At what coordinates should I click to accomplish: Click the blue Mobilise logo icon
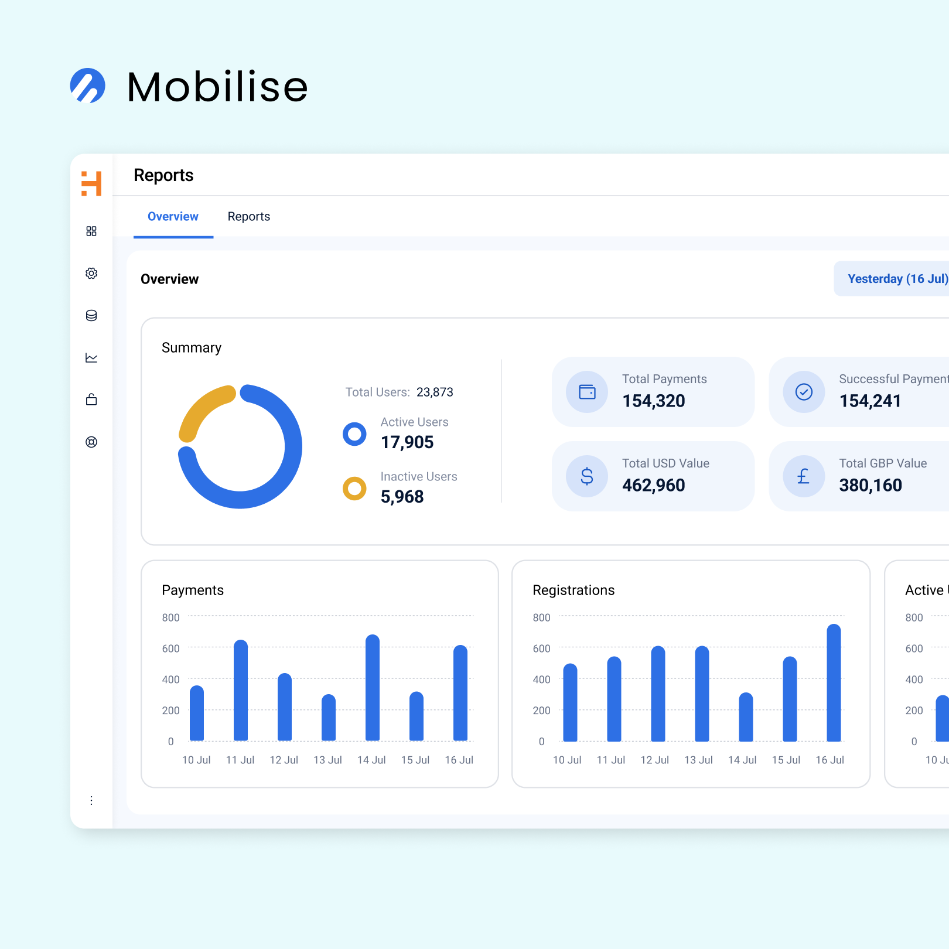pyautogui.click(x=88, y=86)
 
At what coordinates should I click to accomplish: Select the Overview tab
pyautogui.click(x=173, y=217)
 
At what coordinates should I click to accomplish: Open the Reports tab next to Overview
pyautogui.click(x=249, y=217)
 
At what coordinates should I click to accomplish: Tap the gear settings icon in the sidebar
pyautogui.click(x=91, y=274)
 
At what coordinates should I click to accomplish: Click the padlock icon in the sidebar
pyautogui.click(x=91, y=400)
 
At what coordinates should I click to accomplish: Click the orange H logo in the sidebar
pyautogui.click(x=91, y=183)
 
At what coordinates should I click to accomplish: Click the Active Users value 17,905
pyautogui.click(x=407, y=442)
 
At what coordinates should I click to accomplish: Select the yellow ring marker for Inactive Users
pyautogui.click(x=354, y=489)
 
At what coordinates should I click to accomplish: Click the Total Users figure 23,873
pyautogui.click(x=435, y=392)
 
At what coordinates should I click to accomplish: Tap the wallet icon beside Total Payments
pyautogui.click(x=587, y=392)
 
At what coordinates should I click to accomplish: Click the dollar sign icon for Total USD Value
pyautogui.click(x=587, y=476)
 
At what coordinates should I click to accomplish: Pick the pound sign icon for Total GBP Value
pyautogui.click(x=804, y=476)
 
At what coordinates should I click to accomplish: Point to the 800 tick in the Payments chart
pyautogui.click(x=171, y=617)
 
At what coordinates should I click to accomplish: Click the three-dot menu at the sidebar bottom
pyautogui.click(x=91, y=801)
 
